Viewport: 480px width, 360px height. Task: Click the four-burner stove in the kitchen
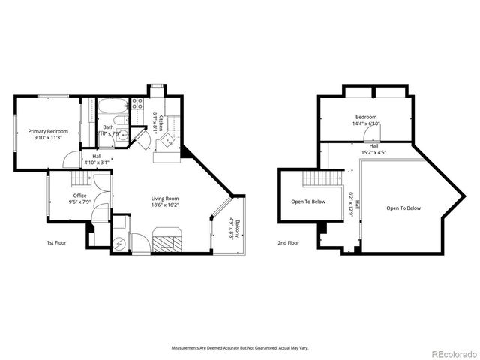click(x=138, y=104)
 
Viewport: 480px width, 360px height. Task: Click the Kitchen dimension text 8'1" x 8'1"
click(x=157, y=121)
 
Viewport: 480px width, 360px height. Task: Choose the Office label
click(x=80, y=197)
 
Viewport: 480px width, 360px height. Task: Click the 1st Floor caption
click(x=55, y=243)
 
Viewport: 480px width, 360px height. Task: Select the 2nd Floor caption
click(x=288, y=243)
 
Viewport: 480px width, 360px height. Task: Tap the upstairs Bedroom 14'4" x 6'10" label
click(x=366, y=120)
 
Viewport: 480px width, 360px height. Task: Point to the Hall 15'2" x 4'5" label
click(x=373, y=149)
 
